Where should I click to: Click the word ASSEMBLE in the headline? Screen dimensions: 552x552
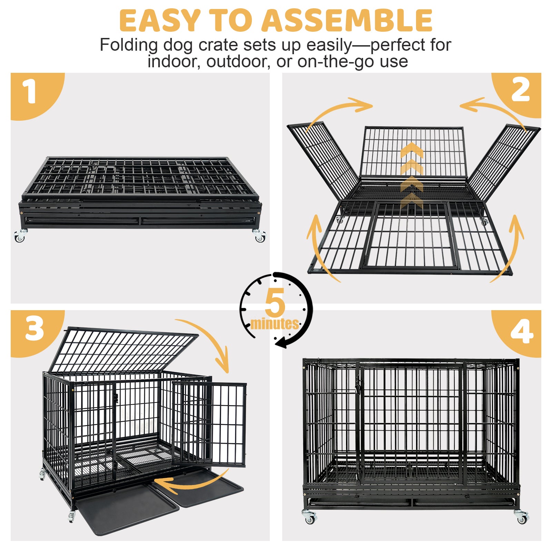(347, 20)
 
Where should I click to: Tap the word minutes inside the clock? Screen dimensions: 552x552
(275, 324)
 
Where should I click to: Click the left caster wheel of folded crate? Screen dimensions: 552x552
(20, 236)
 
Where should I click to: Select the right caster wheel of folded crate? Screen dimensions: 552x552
(259, 236)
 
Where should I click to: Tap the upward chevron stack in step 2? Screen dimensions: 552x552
(412, 176)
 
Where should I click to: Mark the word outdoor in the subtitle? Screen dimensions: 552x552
(238, 62)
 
